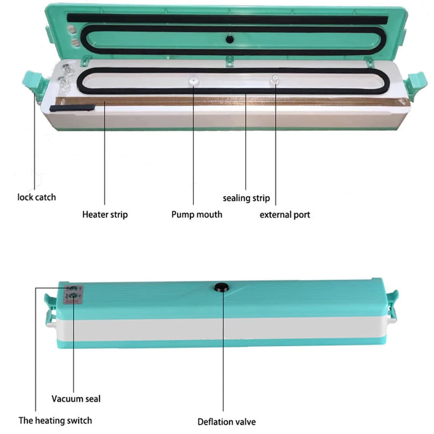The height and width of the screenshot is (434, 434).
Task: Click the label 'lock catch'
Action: point(36,197)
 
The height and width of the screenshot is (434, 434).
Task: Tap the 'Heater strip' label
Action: point(105,215)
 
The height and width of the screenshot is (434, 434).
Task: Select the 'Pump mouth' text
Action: point(197,215)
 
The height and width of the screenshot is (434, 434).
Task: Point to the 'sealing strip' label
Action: point(246,198)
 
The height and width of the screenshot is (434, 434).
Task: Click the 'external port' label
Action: point(285,215)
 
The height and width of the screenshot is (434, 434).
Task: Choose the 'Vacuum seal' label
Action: point(76,399)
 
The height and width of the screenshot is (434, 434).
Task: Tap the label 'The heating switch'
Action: point(55,420)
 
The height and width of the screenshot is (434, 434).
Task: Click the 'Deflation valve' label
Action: point(227,422)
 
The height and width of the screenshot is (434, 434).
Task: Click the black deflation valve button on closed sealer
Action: point(222,287)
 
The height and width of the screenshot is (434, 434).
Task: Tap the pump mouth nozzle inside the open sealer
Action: point(193,81)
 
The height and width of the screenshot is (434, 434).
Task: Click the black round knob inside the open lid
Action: point(230,39)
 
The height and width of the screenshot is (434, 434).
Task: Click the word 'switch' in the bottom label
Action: point(79,420)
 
